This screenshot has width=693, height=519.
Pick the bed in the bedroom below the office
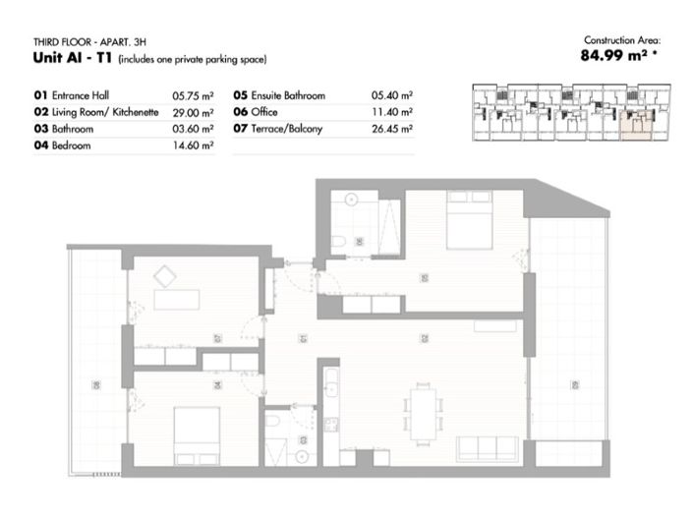[197, 432]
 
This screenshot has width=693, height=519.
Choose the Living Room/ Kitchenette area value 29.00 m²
[193, 112]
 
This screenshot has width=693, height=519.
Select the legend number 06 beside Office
[240, 112]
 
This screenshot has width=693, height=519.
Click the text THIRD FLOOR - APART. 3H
[84, 43]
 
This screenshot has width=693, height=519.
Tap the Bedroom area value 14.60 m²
[193, 144]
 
